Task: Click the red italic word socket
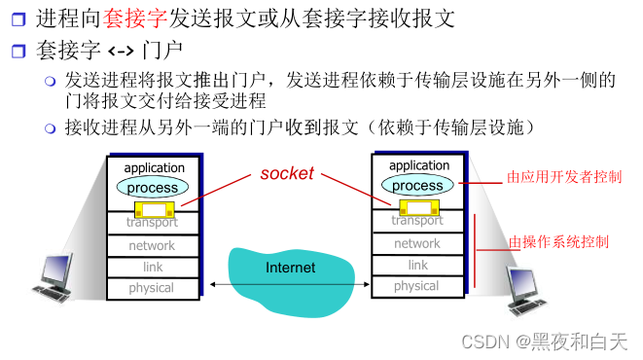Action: tap(287, 173)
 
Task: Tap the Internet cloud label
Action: tap(290, 267)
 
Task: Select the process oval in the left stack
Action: tap(153, 187)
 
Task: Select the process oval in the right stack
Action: tap(417, 185)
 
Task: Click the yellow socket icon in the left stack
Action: tap(153, 208)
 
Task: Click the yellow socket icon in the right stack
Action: tap(416, 205)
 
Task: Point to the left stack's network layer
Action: tap(152, 245)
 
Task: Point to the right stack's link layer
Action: tap(417, 265)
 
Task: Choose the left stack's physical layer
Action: tap(152, 287)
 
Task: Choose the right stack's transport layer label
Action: tap(417, 221)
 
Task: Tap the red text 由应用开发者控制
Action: tap(564, 177)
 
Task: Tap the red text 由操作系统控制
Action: tap(558, 240)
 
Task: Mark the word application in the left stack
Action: tap(154, 168)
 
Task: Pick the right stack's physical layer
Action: tap(416, 286)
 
